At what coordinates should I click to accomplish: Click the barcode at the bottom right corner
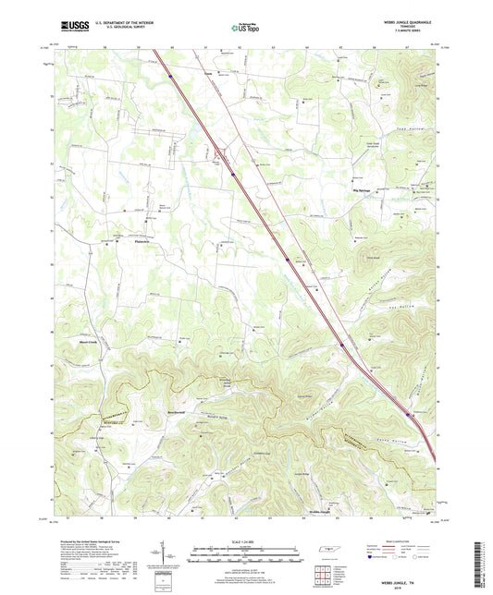pyautogui.click(x=480, y=564)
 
